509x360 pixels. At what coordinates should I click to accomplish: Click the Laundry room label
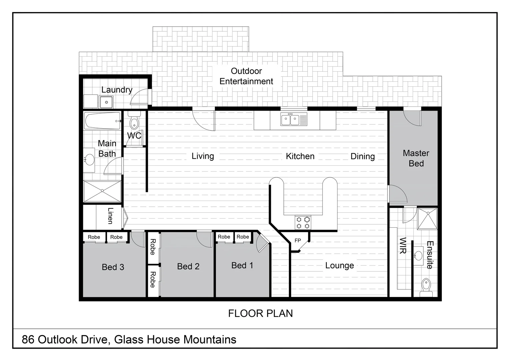tap(117, 90)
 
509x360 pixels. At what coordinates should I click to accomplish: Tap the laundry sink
tap(107, 102)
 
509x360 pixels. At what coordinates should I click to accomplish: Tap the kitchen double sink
tap(290, 119)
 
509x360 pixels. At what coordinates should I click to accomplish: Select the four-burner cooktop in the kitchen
tap(303, 223)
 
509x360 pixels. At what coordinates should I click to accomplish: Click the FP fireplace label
tap(298, 240)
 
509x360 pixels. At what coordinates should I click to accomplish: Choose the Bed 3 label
tap(113, 267)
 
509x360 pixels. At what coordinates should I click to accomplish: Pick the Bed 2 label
tap(188, 266)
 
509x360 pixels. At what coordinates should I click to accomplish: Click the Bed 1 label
tap(242, 265)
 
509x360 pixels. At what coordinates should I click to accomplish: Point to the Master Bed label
tap(416, 158)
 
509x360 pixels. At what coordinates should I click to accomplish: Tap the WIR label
tap(402, 245)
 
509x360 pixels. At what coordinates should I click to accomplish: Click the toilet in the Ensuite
tap(426, 286)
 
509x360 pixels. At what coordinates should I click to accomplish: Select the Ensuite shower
tap(427, 219)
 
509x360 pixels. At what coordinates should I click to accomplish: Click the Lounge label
tap(339, 265)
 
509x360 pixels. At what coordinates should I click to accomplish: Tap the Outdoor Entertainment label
tap(246, 76)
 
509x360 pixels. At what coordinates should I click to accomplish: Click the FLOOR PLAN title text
tap(260, 313)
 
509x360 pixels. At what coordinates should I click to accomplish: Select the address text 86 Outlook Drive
tap(129, 339)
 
